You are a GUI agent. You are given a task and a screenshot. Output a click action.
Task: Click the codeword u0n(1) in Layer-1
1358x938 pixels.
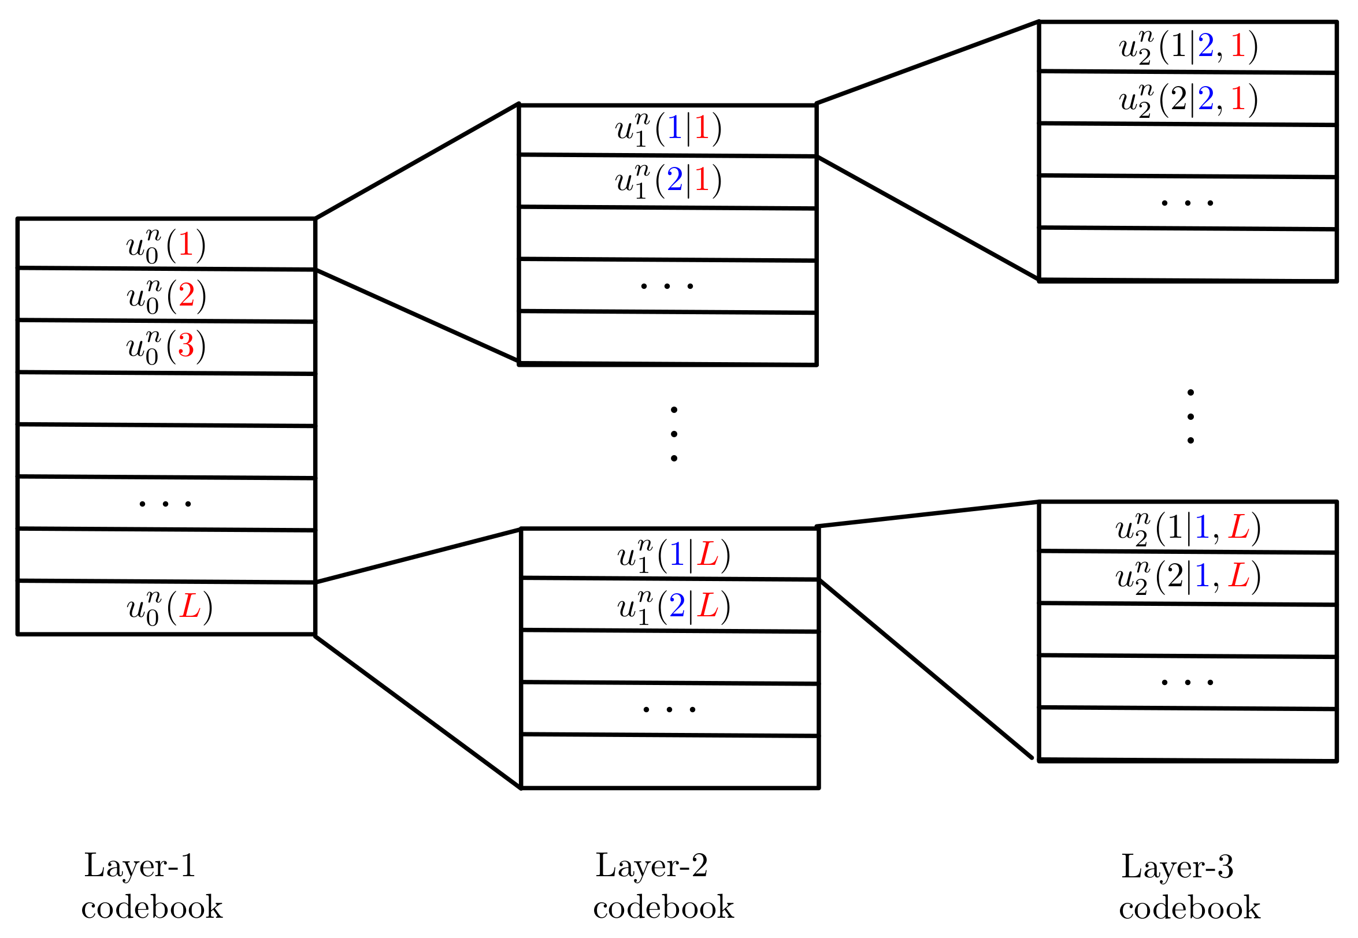(166, 244)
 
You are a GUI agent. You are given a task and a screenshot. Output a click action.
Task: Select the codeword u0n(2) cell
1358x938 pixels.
(166, 296)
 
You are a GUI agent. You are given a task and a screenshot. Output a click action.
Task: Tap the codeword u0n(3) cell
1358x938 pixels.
(166, 346)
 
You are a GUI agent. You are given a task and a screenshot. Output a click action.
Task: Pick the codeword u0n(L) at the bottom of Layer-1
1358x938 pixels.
(169, 608)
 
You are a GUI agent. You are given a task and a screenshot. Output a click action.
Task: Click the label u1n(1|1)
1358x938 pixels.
(669, 129)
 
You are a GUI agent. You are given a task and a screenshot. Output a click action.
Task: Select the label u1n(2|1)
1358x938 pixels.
(669, 180)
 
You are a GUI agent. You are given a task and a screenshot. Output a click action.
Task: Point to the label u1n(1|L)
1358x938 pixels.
(674, 555)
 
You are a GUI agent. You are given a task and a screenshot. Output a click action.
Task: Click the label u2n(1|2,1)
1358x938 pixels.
(1188, 47)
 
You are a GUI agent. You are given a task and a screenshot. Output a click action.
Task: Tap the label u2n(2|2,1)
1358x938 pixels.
(1188, 99)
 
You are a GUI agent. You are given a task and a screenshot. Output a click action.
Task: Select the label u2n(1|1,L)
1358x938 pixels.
(1188, 528)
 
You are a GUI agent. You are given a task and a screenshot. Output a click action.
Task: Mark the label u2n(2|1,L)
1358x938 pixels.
(1188, 576)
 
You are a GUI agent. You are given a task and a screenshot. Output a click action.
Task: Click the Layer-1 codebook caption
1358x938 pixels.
(151, 886)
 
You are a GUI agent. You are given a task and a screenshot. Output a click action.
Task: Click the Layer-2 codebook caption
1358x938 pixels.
(663, 886)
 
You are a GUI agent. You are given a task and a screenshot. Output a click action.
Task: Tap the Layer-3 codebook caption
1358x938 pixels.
(1189, 887)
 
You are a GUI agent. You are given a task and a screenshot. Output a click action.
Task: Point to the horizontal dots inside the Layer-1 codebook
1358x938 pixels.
(165, 504)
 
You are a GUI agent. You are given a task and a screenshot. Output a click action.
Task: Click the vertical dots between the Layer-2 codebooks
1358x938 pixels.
(674, 434)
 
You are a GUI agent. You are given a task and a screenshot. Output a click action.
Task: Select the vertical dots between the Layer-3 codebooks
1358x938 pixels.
(1190, 416)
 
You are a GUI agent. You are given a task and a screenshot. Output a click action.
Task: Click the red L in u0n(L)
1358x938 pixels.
(190, 606)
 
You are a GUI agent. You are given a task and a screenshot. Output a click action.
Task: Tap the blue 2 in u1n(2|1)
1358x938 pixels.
(675, 179)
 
